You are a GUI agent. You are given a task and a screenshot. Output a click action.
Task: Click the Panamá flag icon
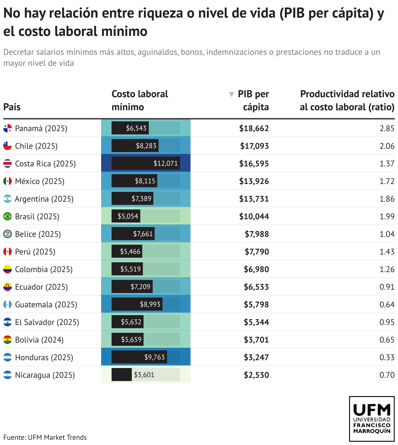click(x=8, y=128)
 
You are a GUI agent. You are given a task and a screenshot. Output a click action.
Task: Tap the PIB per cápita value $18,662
click(x=254, y=128)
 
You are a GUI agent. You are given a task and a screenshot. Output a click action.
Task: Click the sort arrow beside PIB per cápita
click(x=232, y=94)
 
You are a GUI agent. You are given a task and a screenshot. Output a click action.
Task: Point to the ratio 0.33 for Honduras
click(x=387, y=357)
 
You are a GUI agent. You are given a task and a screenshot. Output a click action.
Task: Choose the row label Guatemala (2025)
click(x=46, y=304)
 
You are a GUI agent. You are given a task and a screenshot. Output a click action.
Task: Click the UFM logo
click(x=372, y=419)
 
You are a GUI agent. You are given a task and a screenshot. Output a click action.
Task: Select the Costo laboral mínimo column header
click(x=140, y=100)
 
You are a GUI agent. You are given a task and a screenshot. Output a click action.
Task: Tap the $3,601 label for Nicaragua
click(x=144, y=375)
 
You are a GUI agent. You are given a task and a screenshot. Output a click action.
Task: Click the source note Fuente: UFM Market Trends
click(x=45, y=437)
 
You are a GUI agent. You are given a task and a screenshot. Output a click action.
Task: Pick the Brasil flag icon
click(x=8, y=216)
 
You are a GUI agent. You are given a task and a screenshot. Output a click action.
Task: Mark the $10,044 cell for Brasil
click(x=254, y=216)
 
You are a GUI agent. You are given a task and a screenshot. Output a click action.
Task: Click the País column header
click(x=12, y=107)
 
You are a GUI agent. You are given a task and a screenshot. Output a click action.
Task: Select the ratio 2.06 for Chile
click(x=387, y=146)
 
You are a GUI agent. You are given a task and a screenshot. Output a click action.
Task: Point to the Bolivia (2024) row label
click(x=39, y=340)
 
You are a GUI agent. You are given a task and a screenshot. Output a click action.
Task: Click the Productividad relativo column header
click(x=347, y=100)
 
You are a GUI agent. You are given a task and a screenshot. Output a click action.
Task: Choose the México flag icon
click(x=8, y=181)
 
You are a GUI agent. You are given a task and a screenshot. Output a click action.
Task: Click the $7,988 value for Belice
click(x=257, y=234)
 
